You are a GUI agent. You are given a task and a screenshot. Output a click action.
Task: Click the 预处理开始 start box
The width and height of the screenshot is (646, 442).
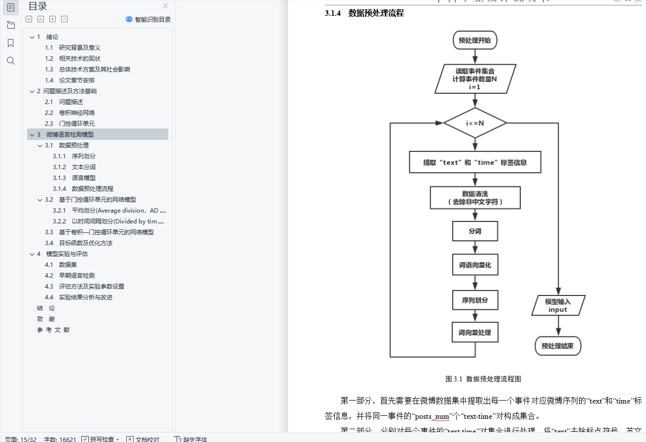tap(474, 40)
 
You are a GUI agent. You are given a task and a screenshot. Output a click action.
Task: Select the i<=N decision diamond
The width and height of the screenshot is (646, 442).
tap(475, 123)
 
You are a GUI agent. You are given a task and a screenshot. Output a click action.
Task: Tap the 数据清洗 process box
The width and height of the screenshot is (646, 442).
tap(475, 197)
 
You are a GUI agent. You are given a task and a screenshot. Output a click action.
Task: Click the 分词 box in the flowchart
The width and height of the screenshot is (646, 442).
tap(475, 231)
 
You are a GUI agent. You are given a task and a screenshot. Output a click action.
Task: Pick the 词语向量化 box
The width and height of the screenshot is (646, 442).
tap(475, 265)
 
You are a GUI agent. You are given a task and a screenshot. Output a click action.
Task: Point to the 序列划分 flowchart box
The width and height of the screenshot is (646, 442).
tap(475, 299)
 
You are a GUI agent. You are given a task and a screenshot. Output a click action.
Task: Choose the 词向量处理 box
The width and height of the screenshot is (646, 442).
tap(475, 332)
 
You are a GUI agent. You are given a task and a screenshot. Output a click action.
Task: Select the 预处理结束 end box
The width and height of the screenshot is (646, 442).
tap(558, 346)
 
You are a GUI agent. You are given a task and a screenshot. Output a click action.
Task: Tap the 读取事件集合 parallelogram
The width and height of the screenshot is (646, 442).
tap(475, 79)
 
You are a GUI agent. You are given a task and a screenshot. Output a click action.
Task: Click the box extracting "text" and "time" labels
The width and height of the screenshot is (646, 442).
tap(475, 162)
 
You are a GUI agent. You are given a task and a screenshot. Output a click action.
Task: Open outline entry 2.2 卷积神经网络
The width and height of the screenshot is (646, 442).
tap(76, 112)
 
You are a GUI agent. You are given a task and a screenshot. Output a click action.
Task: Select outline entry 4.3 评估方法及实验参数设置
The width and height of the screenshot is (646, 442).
tap(91, 286)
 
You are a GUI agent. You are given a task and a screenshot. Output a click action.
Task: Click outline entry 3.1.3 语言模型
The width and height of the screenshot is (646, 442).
tap(83, 178)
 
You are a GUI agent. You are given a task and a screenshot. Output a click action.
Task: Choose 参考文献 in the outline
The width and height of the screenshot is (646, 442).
tap(53, 330)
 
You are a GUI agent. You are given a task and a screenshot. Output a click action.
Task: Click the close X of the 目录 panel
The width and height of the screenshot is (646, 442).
tap(166, 6)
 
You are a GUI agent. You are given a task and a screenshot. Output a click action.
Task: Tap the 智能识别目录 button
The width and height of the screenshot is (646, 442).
tap(148, 19)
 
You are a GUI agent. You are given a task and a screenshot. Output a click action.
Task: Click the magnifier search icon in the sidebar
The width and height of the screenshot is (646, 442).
tap(11, 61)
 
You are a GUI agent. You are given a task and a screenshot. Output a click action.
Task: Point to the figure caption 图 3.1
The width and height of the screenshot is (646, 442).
tap(483, 379)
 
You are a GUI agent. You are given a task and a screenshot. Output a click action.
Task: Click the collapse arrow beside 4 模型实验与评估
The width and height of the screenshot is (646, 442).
tap(32, 254)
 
